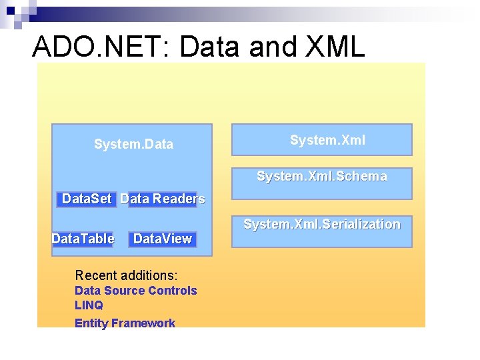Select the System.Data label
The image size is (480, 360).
(x=133, y=144)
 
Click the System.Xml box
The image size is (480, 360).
(x=321, y=140)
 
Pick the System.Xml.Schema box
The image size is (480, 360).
(x=321, y=177)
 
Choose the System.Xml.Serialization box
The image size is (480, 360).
(x=321, y=225)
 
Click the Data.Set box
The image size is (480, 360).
(x=87, y=199)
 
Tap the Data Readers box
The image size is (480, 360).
(x=163, y=199)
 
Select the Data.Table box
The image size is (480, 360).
(x=83, y=239)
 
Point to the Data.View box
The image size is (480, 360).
(x=163, y=239)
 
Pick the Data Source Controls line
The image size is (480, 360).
(x=135, y=291)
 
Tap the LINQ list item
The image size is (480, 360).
(x=89, y=305)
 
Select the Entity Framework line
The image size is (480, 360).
(x=125, y=323)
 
